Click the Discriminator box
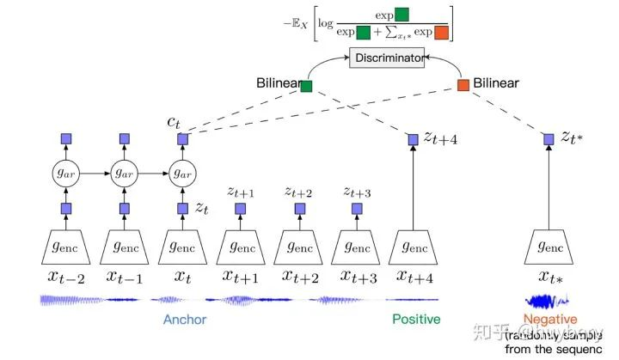click(387, 58)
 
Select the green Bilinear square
click(306, 86)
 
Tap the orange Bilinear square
click(463, 85)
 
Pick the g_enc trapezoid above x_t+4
click(414, 247)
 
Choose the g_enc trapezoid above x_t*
click(548, 247)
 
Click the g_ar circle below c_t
click(182, 173)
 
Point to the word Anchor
click(184, 320)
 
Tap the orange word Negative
click(548, 319)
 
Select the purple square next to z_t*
click(548, 138)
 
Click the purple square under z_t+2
click(297, 209)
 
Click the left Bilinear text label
click(277, 84)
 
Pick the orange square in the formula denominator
click(441, 34)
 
